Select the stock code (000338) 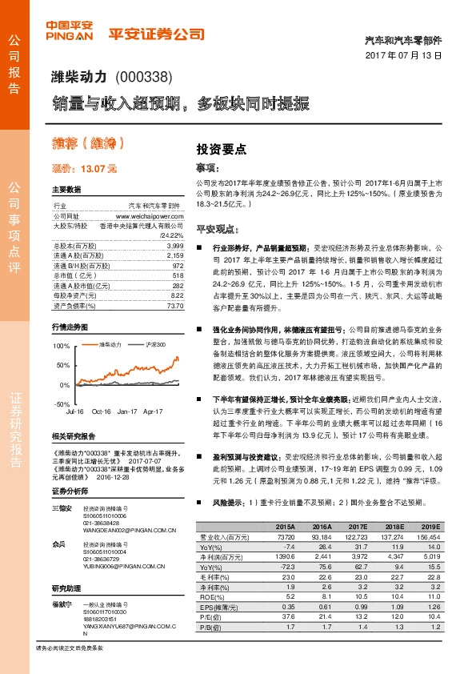pyautogui.click(x=144, y=78)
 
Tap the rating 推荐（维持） pyautogui.click(x=88, y=144)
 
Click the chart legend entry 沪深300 pyautogui.click(x=156, y=344)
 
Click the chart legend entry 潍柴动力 pyautogui.click(x=111, y=344)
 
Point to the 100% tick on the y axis pyautogui.click(x=62, y=346)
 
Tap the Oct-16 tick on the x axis pyautogui.click(x=101, y=411)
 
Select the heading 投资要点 pyautogui.click(x=222, y=149)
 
